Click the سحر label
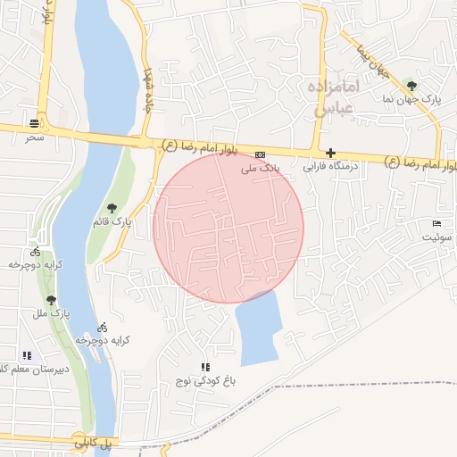pyautogui.click(x=34, y=137)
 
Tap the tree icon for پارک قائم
pyautogui.click(x=112, y=208)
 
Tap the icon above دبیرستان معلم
pyautogui.click(x=27, y=355)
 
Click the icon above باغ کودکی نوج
pyautogui.click(x=205, y=367)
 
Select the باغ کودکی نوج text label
pyautogui.click(x=206, y=381)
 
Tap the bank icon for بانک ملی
pyautogui.click(x=261, y=154)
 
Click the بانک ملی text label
pyautogui.click(x=262, y=167)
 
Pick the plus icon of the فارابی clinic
pyautogui.click(x=330, y=154)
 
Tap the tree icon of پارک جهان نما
pyautogui.click(x=411, y=86)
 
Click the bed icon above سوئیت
pyautogui.click(x=436, y=223)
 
